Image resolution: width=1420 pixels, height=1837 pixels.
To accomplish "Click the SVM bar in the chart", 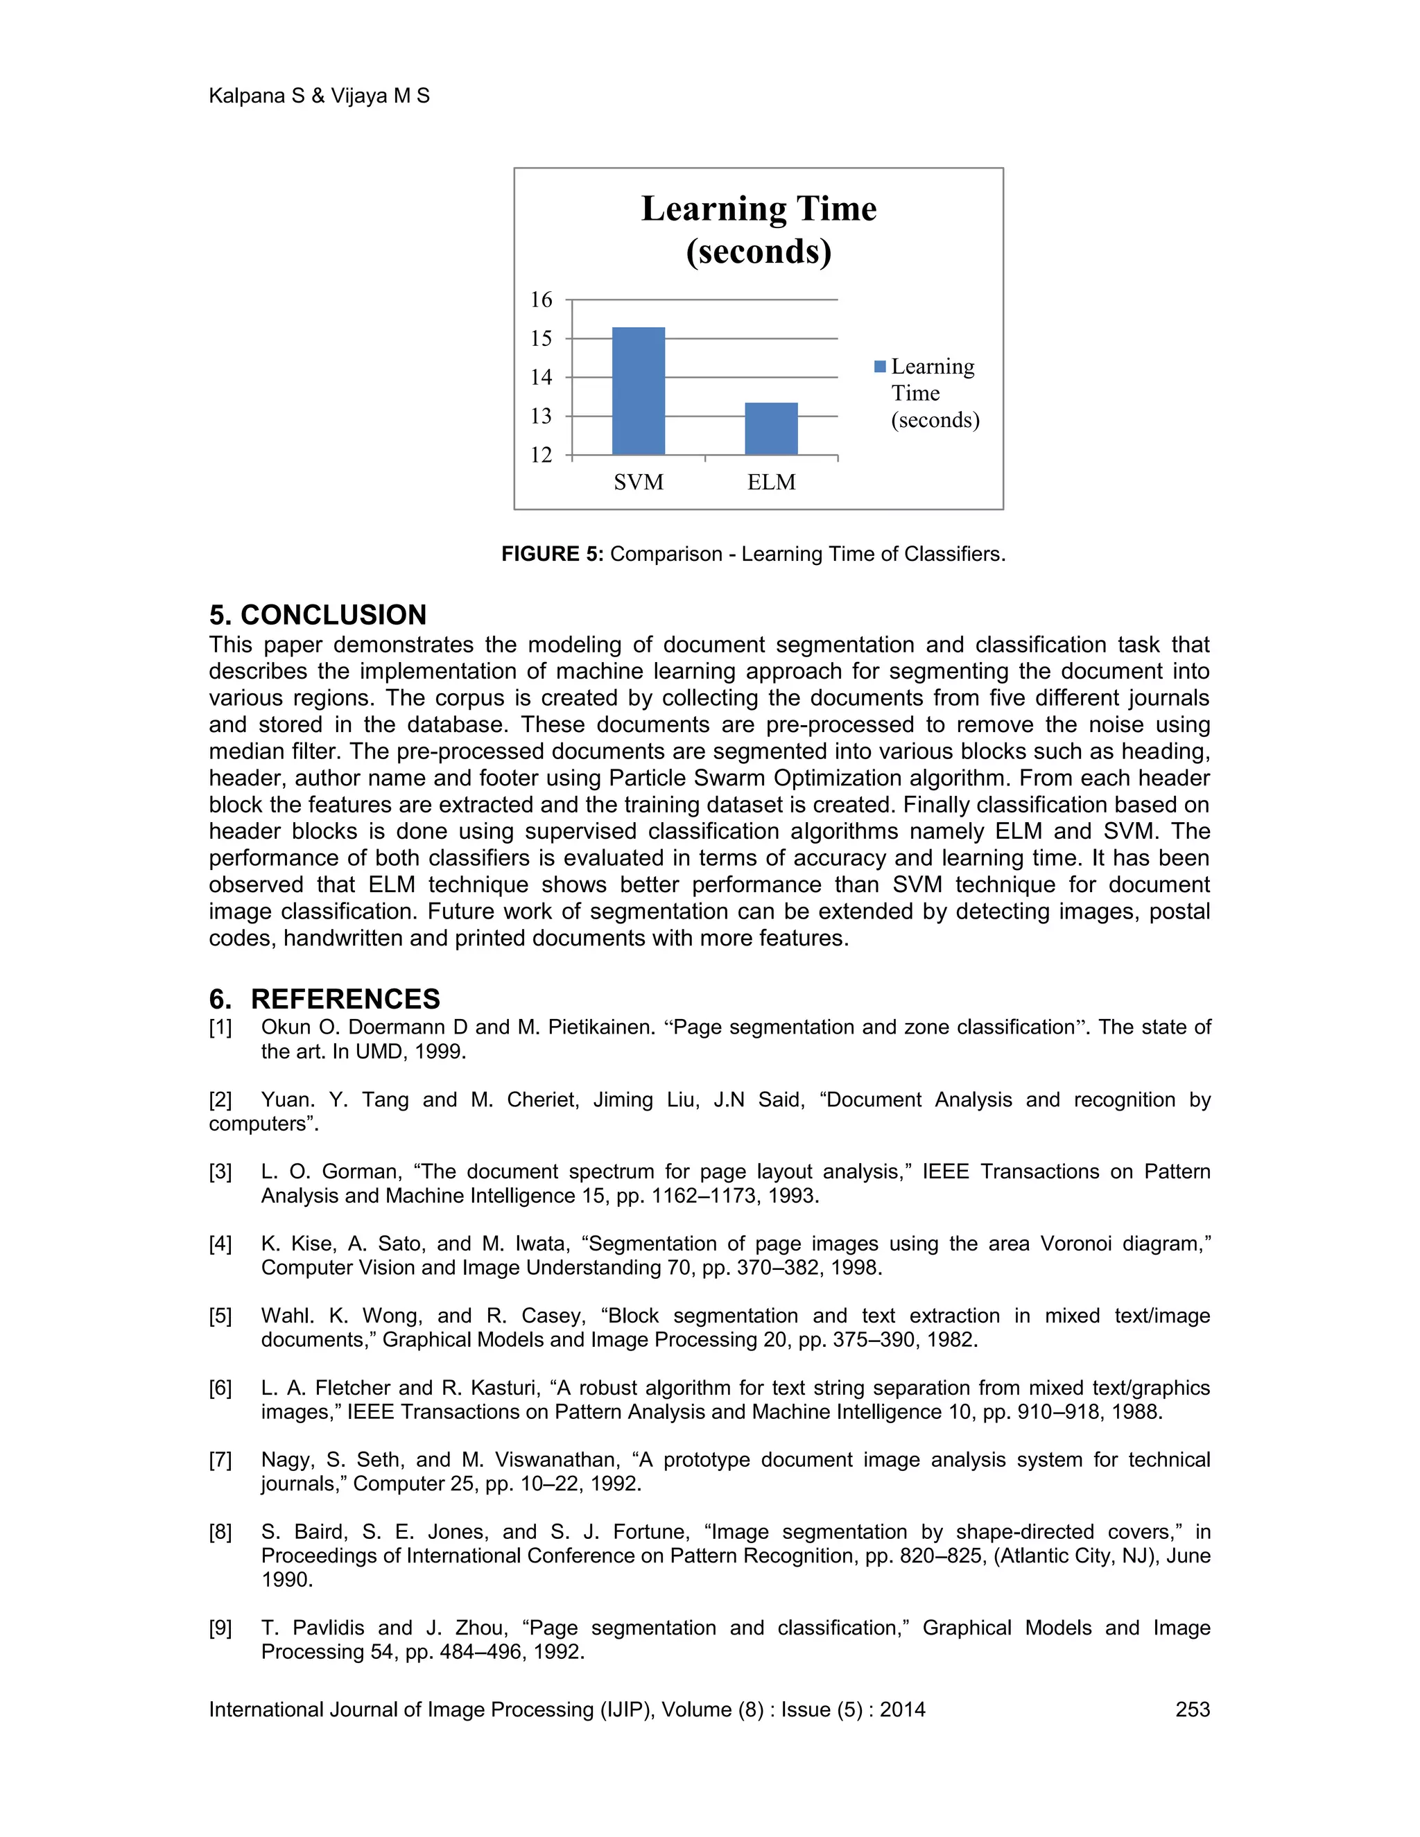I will click(639, 391).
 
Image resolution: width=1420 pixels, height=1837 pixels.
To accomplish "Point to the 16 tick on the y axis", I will click(541, 299).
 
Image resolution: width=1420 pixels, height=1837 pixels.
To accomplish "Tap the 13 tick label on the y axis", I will click(541, 415).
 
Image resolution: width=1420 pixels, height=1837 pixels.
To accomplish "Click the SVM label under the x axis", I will click(639, 482).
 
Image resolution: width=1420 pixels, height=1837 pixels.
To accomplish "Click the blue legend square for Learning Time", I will click(880, 367).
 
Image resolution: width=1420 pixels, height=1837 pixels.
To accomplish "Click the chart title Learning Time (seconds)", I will click(759, 229).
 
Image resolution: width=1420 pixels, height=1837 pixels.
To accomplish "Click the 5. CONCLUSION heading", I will click(318, 615).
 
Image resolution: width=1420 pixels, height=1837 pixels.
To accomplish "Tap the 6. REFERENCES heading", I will click(324, 998).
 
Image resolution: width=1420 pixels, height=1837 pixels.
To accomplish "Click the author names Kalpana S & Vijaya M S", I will click(319, 96).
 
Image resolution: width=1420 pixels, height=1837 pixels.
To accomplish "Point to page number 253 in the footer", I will click(1192, 1709).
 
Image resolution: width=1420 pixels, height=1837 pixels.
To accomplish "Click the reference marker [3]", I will click(220, 1172).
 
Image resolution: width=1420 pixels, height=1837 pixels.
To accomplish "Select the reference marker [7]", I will click(220, 1459).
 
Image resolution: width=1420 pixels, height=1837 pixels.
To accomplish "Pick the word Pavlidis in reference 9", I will click(328, 1628).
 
